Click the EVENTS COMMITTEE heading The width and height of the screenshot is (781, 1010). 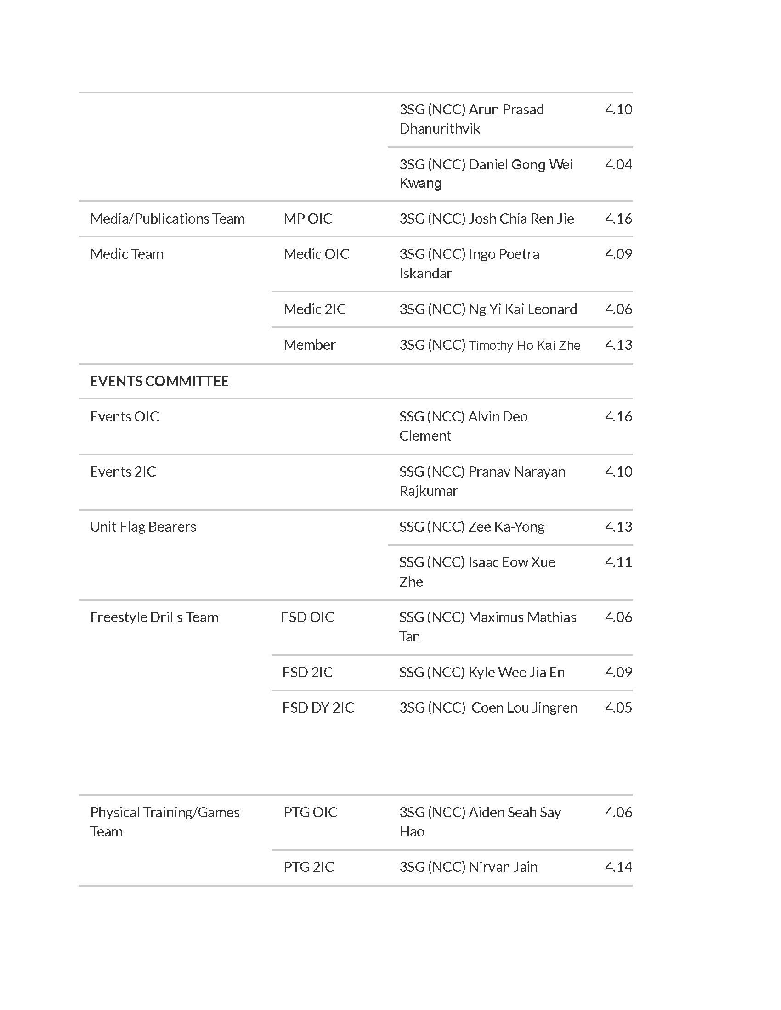click(x=159, y=381)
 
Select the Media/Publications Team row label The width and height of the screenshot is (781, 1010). click(x=168, y=219)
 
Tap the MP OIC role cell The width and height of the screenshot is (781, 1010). click(x=308, y=219)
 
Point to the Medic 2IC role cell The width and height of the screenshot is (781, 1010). click(x=315, y=309)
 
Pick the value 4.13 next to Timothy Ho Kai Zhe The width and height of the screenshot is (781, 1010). click(x=618, y=345)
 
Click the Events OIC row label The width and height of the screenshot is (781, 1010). click(x=125, y=417)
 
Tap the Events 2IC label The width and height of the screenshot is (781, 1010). click(x=123, y=471)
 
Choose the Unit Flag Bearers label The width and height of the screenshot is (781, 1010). click(x=143, y=527)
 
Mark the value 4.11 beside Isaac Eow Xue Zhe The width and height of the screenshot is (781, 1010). click(x=618, y=562)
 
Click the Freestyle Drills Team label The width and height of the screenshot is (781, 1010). click(x=154, y=617)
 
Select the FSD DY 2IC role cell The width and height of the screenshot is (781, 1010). click(x=318, y=707)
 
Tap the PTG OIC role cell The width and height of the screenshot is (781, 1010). click(x=311, y=812)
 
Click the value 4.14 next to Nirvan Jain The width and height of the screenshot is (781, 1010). click(x=618, y=867)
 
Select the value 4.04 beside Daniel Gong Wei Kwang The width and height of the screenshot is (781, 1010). click(x=618, y=165)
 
